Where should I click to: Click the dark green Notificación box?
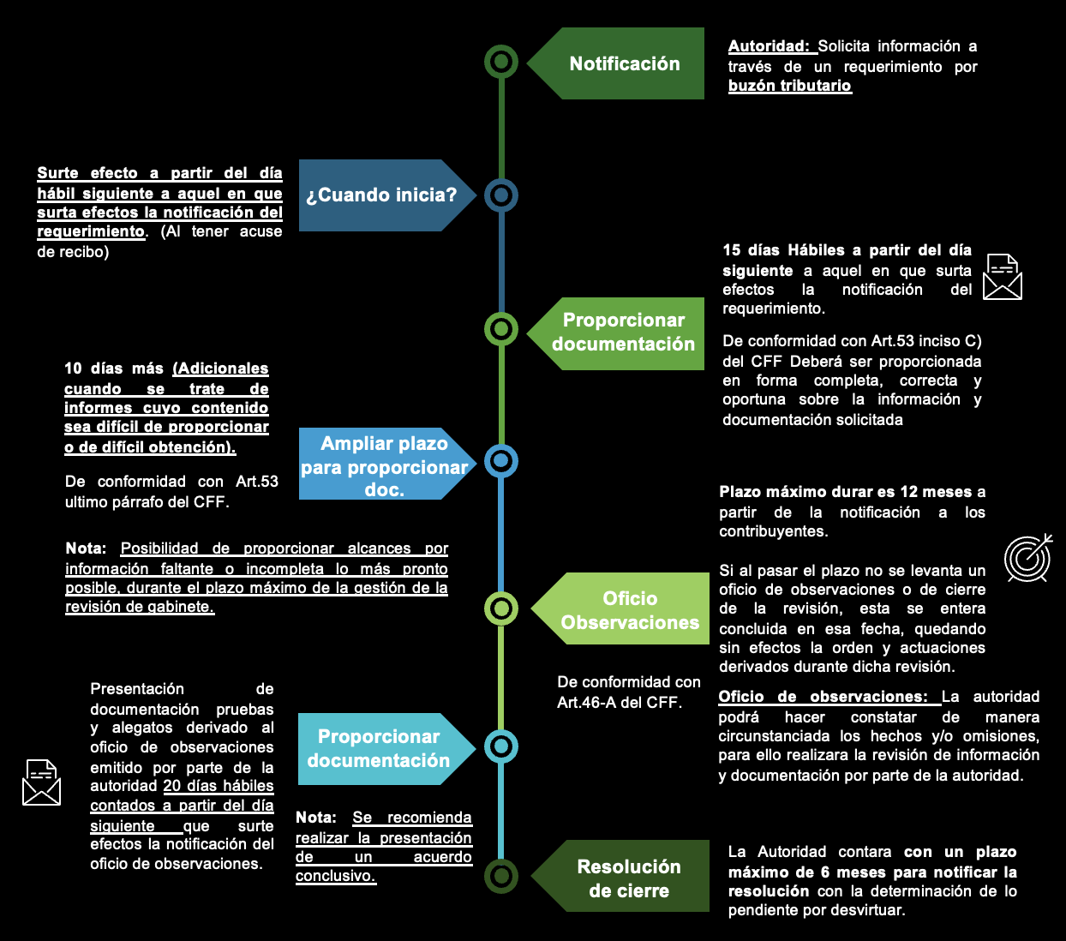(x=624, y=63)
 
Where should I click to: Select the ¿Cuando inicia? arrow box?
(x=381, y=195)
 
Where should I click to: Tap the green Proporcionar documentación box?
(x=623, y=333)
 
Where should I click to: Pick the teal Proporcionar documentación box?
(x=379, y=748)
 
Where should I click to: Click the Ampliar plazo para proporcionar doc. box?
(x=384, y=465)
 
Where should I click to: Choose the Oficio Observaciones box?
(x=629, y=609)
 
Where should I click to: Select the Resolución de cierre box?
(x=628, y=878)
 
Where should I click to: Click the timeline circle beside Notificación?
(x=501, y=62)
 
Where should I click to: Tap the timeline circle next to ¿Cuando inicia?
(x=501, y=195)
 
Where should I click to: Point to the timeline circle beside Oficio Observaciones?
(x=501, y=608)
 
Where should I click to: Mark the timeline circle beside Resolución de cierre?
(x=501, y=876)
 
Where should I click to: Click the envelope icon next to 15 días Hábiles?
(x=1003, y=277)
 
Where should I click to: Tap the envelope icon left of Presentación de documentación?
(x=41, y=782)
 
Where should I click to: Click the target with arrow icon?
(x=1027, y=558)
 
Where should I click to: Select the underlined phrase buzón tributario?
(x=789, y=86)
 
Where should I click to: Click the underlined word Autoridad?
(x=769, y=46)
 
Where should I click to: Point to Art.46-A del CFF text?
(x=619, y=703)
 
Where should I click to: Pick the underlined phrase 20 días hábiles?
(x=219, y=786)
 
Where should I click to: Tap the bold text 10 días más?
(x=114, y=369)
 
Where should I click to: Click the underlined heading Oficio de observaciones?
(x=823, y=697)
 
